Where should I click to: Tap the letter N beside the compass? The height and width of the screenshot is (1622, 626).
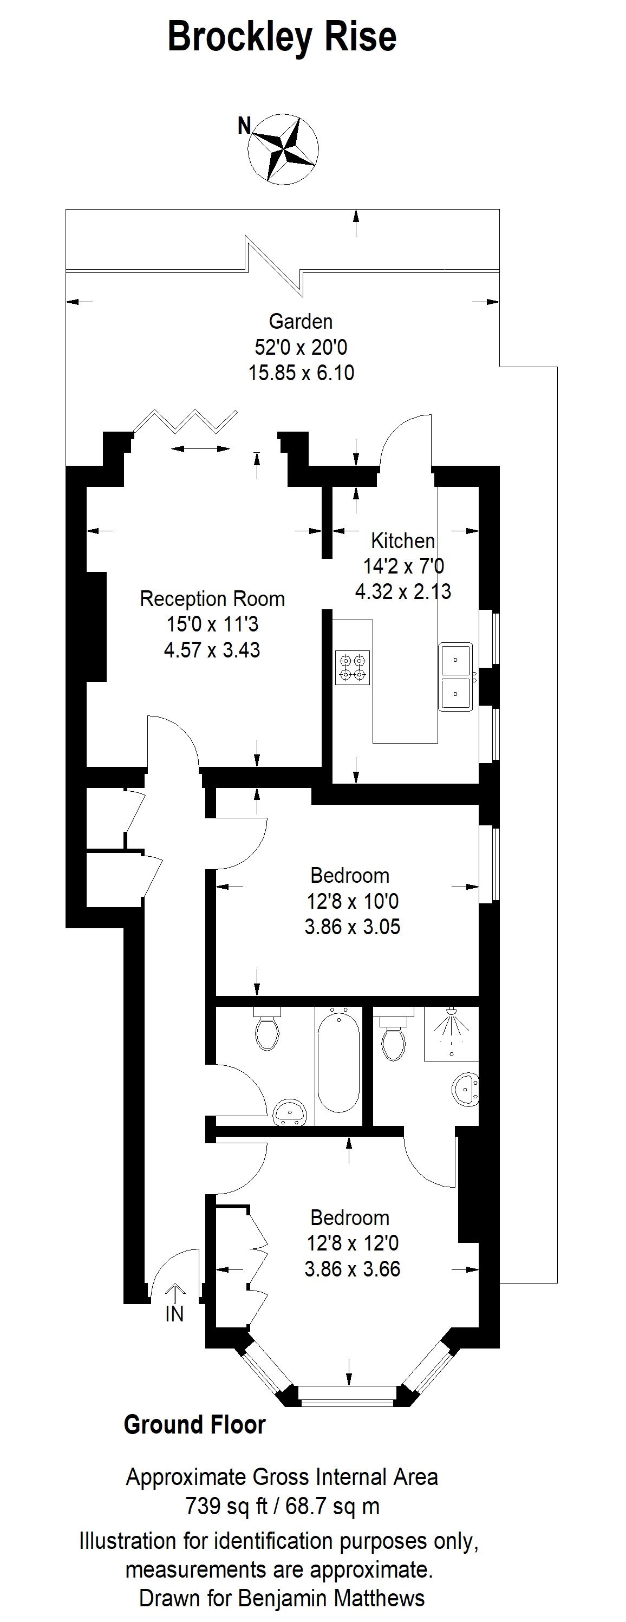pos(244,126)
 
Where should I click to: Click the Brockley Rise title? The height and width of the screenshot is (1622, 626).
pos(282,37)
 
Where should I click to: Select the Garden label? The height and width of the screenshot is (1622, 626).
pos(301,321)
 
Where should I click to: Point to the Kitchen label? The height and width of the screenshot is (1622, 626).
pos(402,540)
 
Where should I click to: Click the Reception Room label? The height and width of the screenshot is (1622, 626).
pos(212,598)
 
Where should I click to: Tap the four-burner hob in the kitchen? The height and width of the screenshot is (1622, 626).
pos(353,668)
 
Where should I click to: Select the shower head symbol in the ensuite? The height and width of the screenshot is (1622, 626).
pos(451,1015)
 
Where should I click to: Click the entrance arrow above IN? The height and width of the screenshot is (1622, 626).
pos(174,1292)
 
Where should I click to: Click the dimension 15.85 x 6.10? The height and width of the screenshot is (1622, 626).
pos(301,373)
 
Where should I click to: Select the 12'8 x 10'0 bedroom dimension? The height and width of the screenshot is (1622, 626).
pos(353,901)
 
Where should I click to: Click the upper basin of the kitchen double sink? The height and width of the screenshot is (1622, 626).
pos(455,659)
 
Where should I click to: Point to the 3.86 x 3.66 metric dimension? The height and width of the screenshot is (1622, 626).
pos(353,1269)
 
